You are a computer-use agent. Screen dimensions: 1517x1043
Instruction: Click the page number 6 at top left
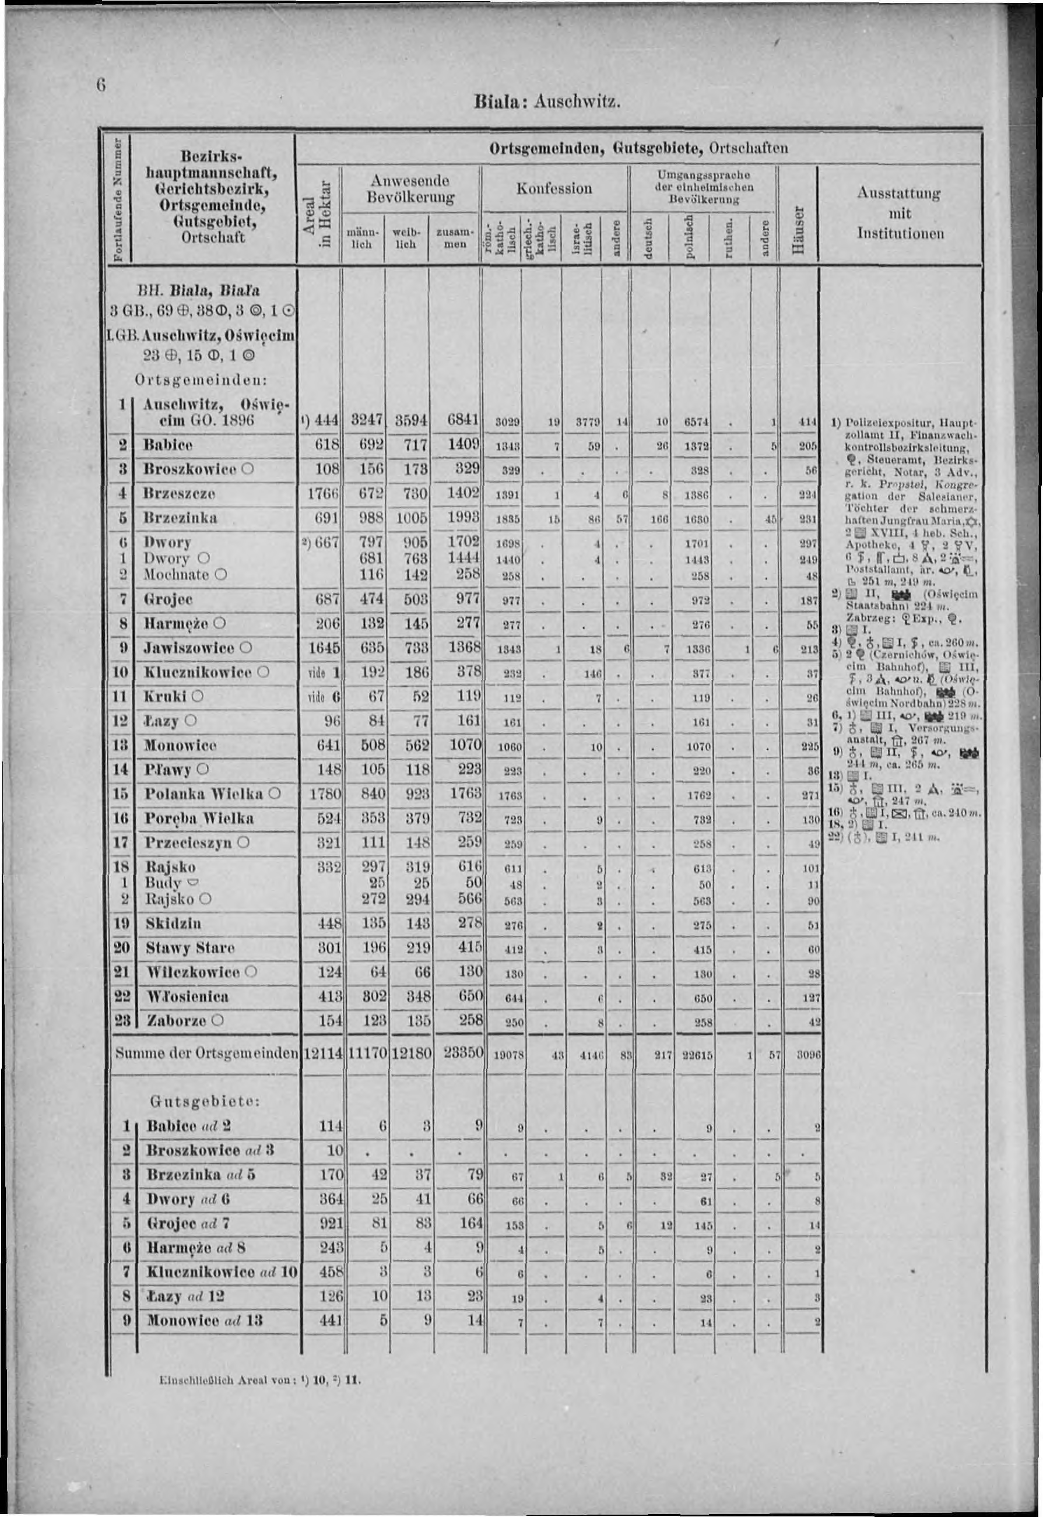point(101,85)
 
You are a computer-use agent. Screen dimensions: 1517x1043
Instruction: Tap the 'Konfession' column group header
point(554,189)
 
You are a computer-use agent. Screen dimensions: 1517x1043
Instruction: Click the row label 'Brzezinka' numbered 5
point(180,518)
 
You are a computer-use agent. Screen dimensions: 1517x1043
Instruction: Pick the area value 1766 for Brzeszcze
point(321,494)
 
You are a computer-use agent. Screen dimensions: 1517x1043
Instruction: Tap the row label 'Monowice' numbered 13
point(180,746)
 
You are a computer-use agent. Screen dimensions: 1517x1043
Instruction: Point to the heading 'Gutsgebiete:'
point(206,1101)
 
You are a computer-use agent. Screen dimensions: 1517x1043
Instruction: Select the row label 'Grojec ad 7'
point(189,1223)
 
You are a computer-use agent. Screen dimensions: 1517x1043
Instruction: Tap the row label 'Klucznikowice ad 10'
point(222,1272)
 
